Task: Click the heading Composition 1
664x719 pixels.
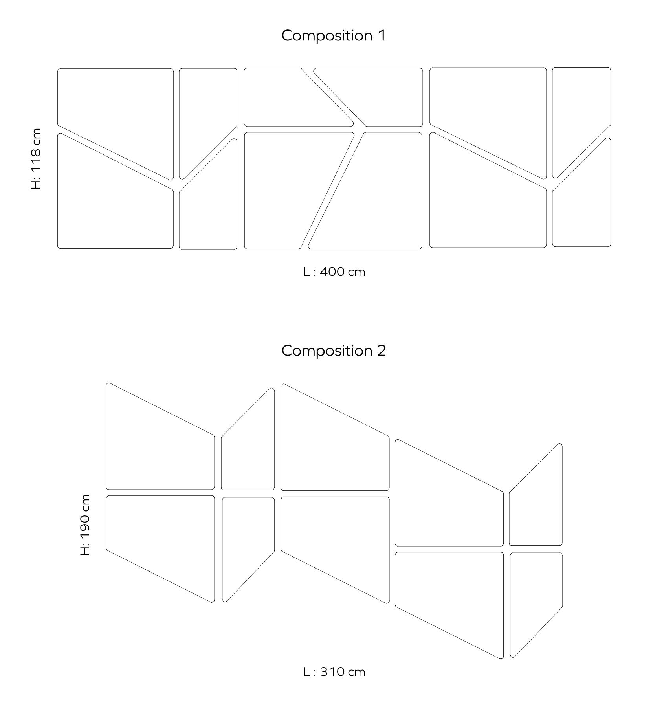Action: tap(334, 36)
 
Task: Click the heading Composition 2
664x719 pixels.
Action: tap(334, 351)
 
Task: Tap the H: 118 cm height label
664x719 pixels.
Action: tap(36, 159)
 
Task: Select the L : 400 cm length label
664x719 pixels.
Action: tap(334, 272)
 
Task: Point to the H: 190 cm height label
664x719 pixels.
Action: tap(85, 525)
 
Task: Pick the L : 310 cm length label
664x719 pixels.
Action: tap(334, 672)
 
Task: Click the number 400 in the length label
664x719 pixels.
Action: tap(332, 272)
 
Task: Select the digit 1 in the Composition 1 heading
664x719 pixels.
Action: tap(382, 35)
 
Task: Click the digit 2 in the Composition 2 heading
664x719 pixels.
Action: tap(382, 350)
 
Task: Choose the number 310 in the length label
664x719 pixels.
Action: tap(332, 672)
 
